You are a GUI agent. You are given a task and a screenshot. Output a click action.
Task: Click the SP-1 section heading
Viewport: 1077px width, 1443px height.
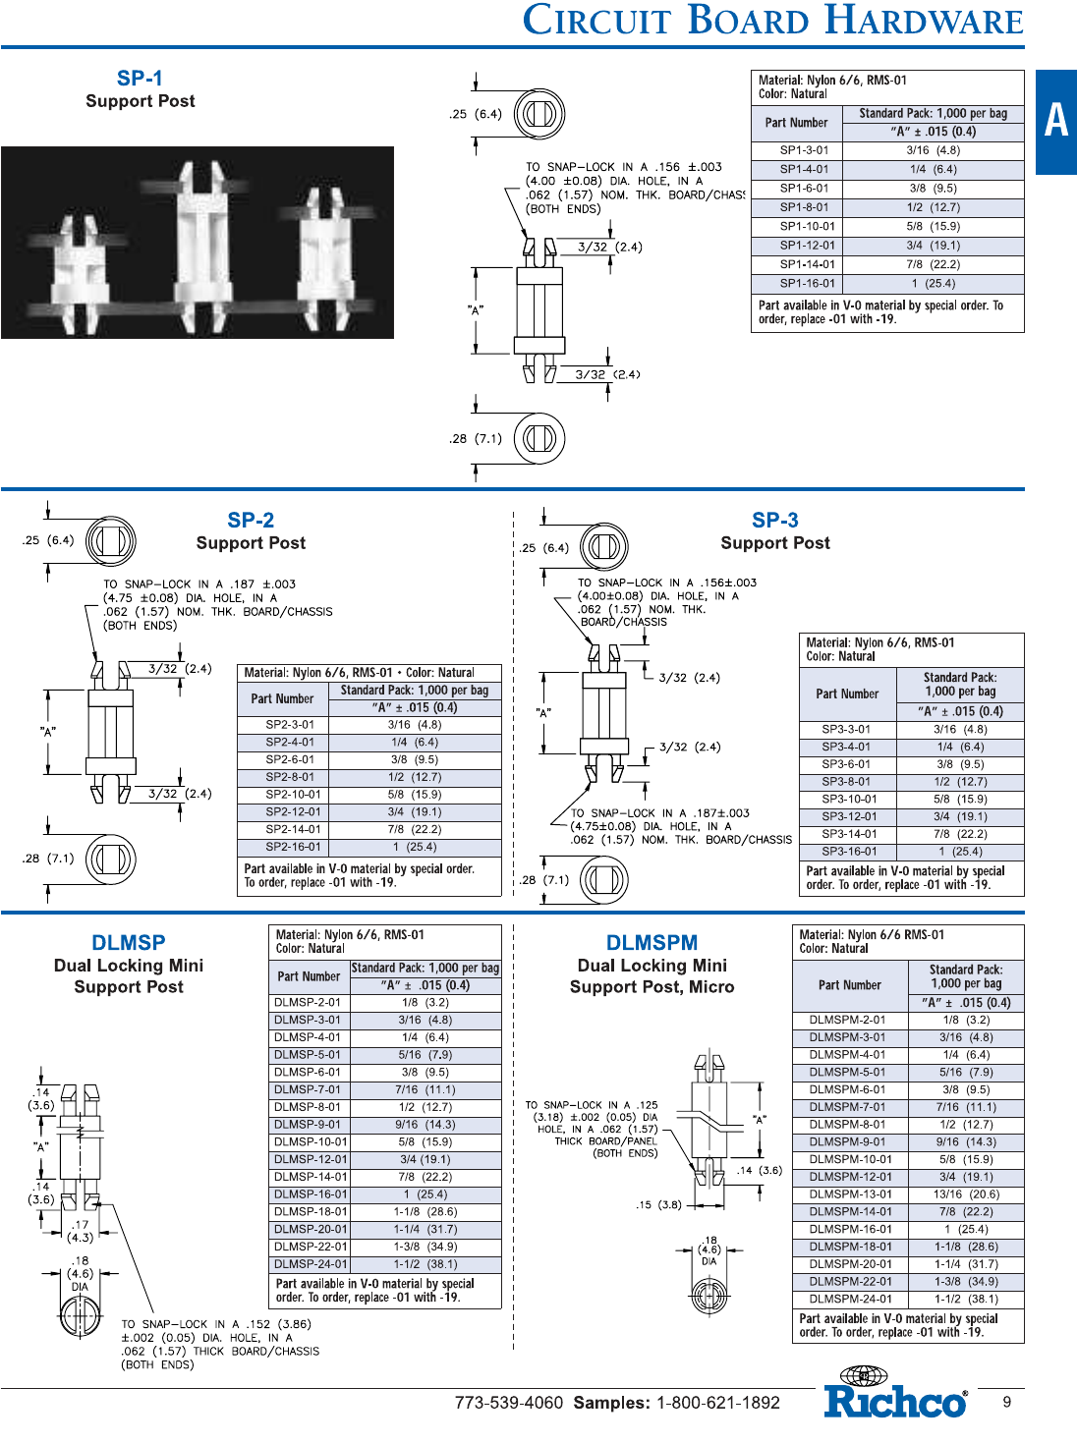[140, 79]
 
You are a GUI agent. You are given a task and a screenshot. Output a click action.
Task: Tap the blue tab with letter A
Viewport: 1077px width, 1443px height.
[1056, 122]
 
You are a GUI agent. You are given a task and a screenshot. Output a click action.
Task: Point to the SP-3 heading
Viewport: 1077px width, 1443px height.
[774, 520]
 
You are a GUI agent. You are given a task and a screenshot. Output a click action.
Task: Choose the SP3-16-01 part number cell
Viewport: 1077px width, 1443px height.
[848, 852]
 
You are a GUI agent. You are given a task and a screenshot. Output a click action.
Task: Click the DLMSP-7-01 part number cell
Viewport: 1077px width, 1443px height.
[309, 1089]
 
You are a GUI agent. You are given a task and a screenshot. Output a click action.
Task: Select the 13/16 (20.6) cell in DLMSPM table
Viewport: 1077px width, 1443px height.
[966, 1193]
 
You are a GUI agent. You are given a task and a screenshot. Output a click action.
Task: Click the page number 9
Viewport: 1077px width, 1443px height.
[1006, 1402]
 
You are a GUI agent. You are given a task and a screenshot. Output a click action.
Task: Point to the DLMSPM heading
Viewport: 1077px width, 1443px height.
[652, 942]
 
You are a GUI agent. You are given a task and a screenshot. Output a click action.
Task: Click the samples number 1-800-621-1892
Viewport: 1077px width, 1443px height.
[718, 1403]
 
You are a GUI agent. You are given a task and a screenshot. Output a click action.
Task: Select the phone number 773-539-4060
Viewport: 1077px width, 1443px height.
[509, 1403]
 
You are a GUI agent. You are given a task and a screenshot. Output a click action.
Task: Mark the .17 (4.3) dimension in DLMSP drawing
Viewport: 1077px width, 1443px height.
[81, 1231]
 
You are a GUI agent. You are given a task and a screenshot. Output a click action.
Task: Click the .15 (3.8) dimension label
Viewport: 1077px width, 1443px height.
[658, 1205]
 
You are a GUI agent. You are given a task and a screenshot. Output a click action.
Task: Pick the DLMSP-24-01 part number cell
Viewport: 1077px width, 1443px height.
[309, 1264]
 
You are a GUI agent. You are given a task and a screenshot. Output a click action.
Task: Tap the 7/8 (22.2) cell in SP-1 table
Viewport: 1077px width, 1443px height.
[933, 264]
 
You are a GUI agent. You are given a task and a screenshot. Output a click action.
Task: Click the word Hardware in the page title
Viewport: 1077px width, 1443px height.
[924, 21]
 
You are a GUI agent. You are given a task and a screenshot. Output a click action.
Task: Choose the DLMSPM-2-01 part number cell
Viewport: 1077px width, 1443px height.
[850, 1020]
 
